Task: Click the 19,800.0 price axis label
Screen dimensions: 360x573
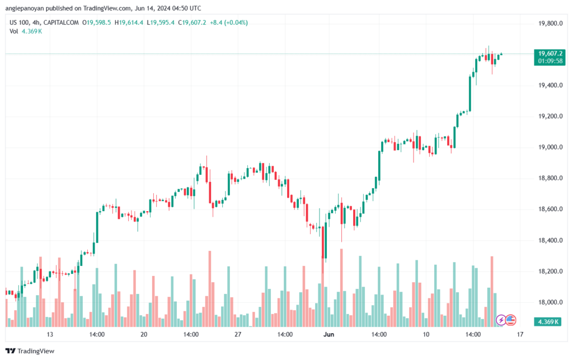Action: pyautogui.click(x=548, y=24)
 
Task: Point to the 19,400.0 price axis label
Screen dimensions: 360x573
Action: pyautogui.click(x=548, y=86)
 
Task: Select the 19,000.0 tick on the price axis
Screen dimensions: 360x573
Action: pyautogui.click(x=548, y=147)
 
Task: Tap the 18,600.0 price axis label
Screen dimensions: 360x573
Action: pyautogui.click(x=548, y=209)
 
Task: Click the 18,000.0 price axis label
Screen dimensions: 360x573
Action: pyautogui.click(x=548, y=302)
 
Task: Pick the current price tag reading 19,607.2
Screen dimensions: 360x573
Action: pyautogui.click(x=548, y=53)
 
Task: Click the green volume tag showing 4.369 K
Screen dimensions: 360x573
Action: pyautogui.click(x=548, y=322)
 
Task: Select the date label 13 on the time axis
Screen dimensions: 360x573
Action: pyautogui.click(x=50, y=335)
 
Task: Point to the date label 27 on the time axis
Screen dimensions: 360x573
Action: pyautogui.click(x=238, y=335)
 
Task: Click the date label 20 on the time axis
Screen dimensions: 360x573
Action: pyautogui.click(x=144, y=335)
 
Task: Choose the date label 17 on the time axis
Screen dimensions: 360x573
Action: pyautogui.click(x=520, y=335)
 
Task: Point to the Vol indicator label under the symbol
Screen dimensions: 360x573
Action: pyautogui.click(x=14, y=31)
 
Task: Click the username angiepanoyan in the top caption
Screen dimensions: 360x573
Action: pyautogui.click(x=27, y=7)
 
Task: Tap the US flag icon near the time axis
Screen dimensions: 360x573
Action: pyautogui.click(x=510, y=320)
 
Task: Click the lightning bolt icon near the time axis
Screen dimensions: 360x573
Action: pyautogui.click(x=501, y=320)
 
